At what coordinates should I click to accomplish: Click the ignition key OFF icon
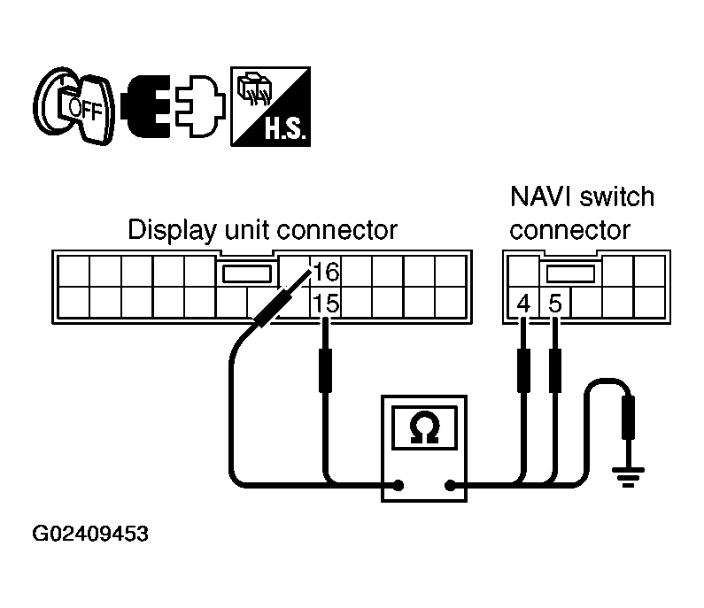(x=73, y=106)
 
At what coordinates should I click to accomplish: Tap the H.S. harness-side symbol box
(x=270, y=106)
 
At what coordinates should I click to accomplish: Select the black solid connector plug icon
(x=146, y=106)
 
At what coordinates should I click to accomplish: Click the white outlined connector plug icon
(x=200, y=106)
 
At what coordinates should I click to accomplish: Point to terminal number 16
(x=326, y=272)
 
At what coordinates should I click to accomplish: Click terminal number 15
(x=326, y=304)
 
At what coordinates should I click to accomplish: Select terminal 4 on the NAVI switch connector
(x=523, y=304)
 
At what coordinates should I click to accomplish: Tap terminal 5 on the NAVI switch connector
(x=555, y=304)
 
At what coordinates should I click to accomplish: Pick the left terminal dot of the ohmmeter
(x=398, y=485)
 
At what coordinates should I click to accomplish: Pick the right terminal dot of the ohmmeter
(x=450, y=485)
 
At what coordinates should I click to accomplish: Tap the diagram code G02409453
(x=90, y=534)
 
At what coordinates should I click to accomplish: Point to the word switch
(x=617, y=196)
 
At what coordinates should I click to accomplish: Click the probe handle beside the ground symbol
(x=628, y=418)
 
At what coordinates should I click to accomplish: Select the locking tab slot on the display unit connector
(x=247, y=273)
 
